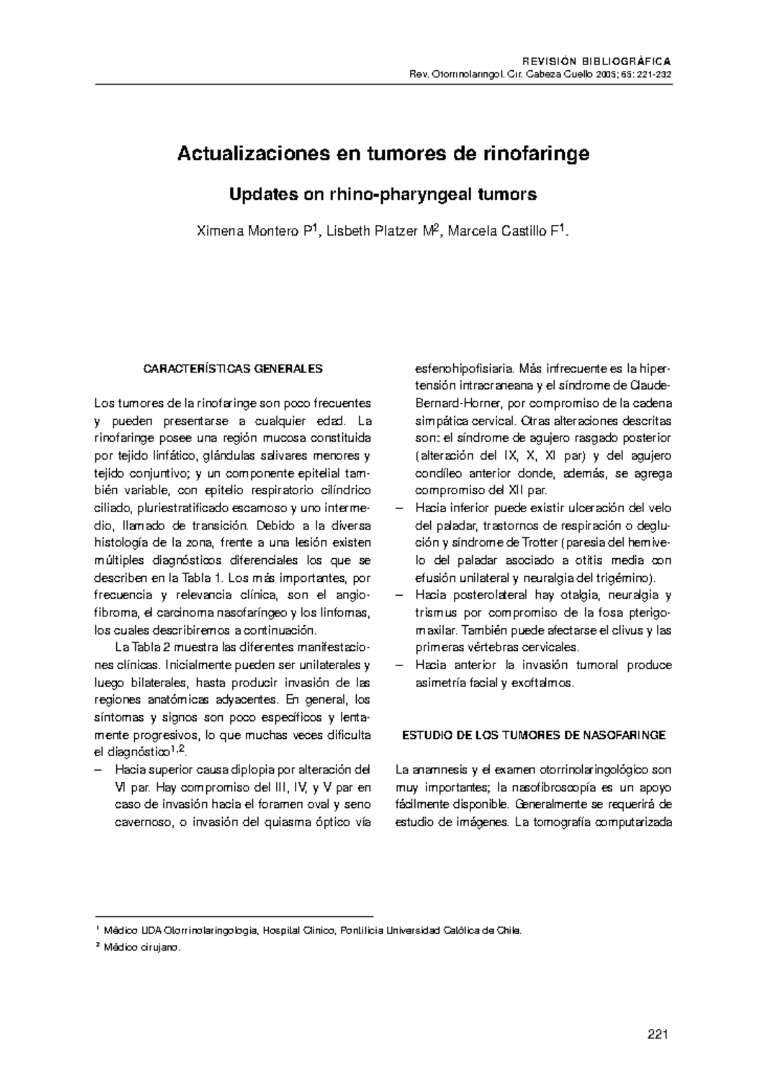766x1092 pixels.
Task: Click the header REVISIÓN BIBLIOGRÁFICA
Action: [596, 62]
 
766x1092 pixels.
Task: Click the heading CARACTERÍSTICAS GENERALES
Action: [233, 369]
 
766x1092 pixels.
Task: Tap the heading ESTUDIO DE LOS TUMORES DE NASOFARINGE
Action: [534, 735]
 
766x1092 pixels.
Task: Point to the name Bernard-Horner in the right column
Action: [455, 404]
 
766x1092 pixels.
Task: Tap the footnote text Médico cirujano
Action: [142, 948]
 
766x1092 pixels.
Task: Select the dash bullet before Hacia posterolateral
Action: [400, 595]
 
